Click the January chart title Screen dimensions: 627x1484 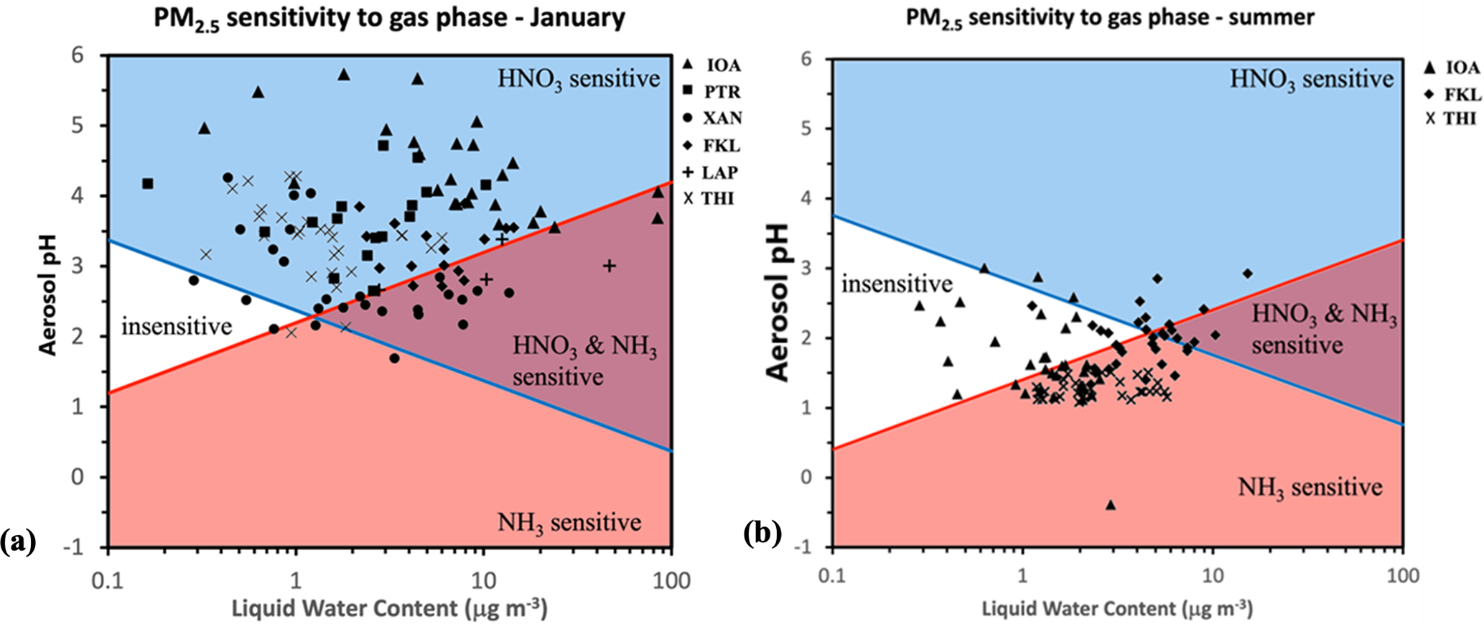[x=389, y=17]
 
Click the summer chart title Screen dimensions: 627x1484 [x=1109, y=17]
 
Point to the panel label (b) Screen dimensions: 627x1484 [x=762, y=534]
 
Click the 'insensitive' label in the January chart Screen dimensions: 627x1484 [x=176, y=327]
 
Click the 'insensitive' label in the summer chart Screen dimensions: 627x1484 [x=897, y=284]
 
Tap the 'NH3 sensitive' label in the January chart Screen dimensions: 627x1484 [x=569, y=522]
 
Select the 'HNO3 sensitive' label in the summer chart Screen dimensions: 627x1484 [x=1312, y=78]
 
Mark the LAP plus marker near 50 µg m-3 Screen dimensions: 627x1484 [x=609, y=266]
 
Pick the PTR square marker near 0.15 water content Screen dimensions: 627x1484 [x=148, y=184]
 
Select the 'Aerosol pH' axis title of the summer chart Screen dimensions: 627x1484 [x=778, y=302]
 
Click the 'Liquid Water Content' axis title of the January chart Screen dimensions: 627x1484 [x=389, y=608]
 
